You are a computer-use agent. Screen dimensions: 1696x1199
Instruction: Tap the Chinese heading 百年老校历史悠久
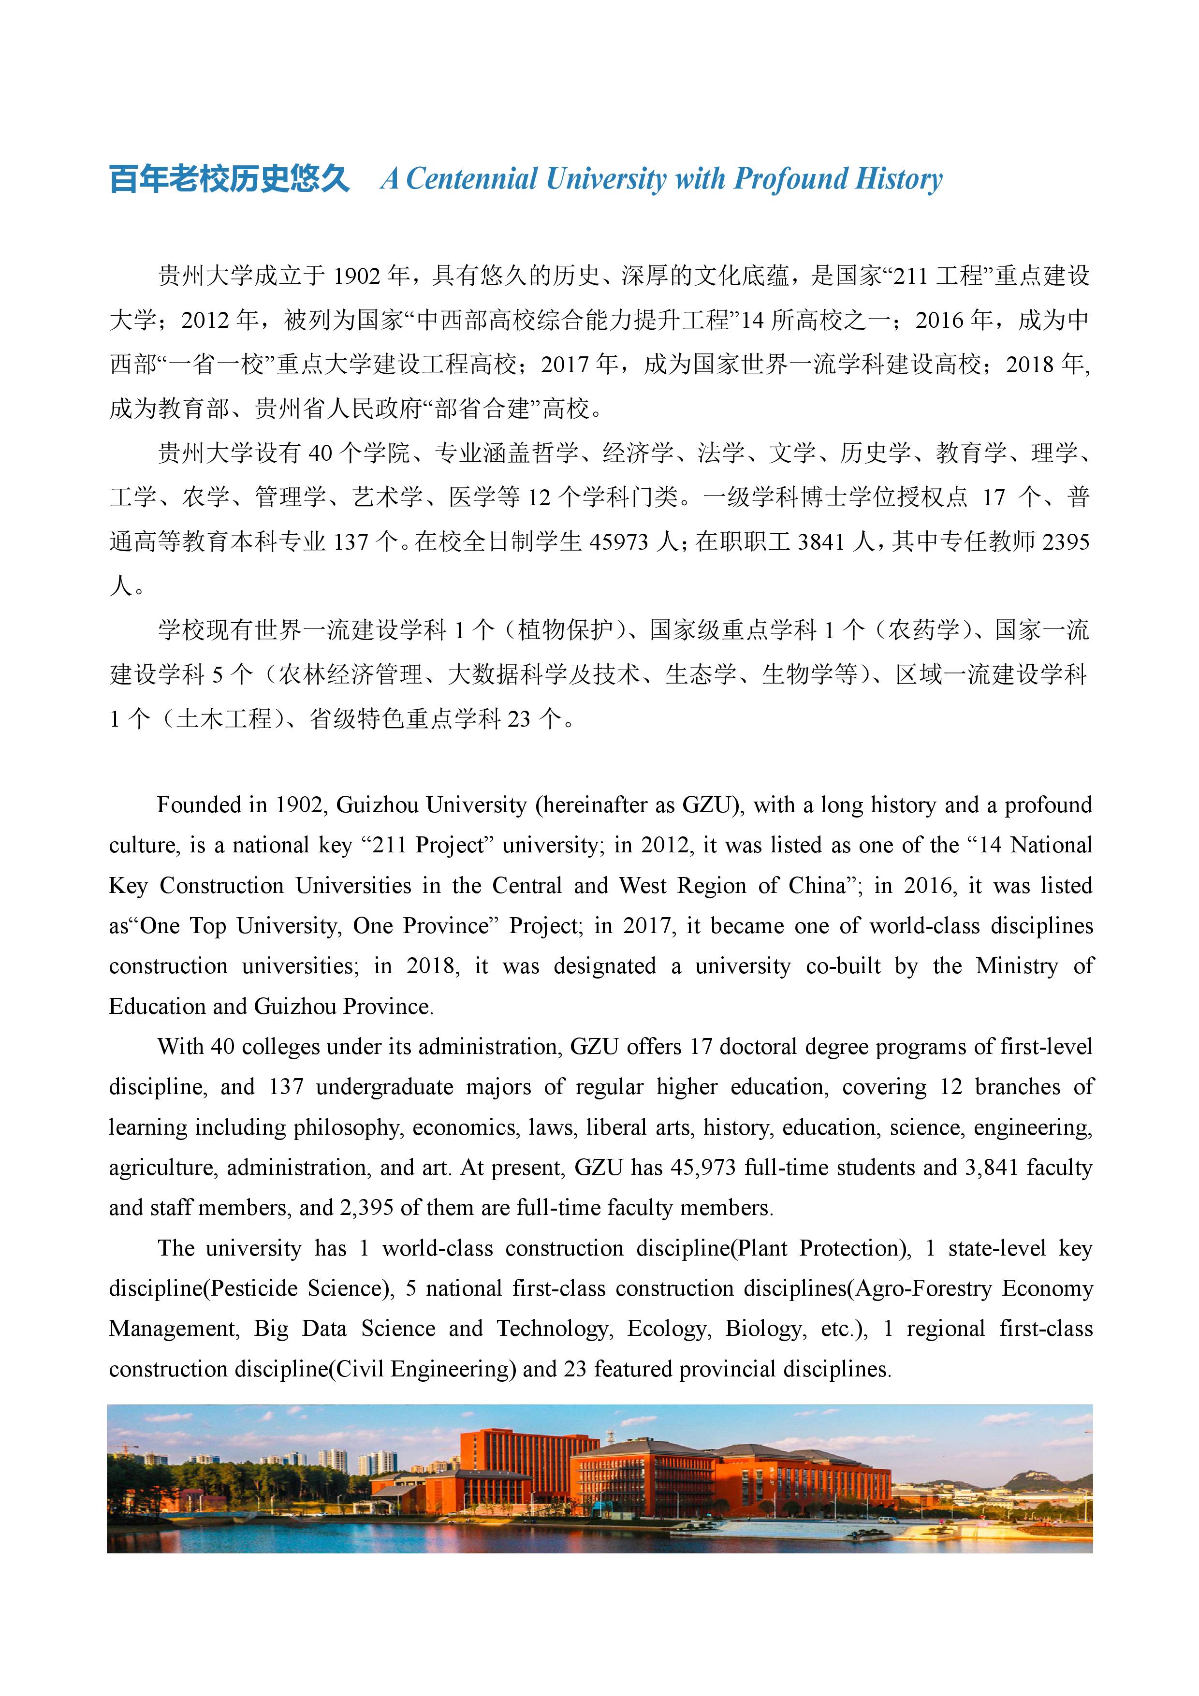point(230,179)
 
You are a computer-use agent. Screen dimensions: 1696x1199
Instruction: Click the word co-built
point(843,966)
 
